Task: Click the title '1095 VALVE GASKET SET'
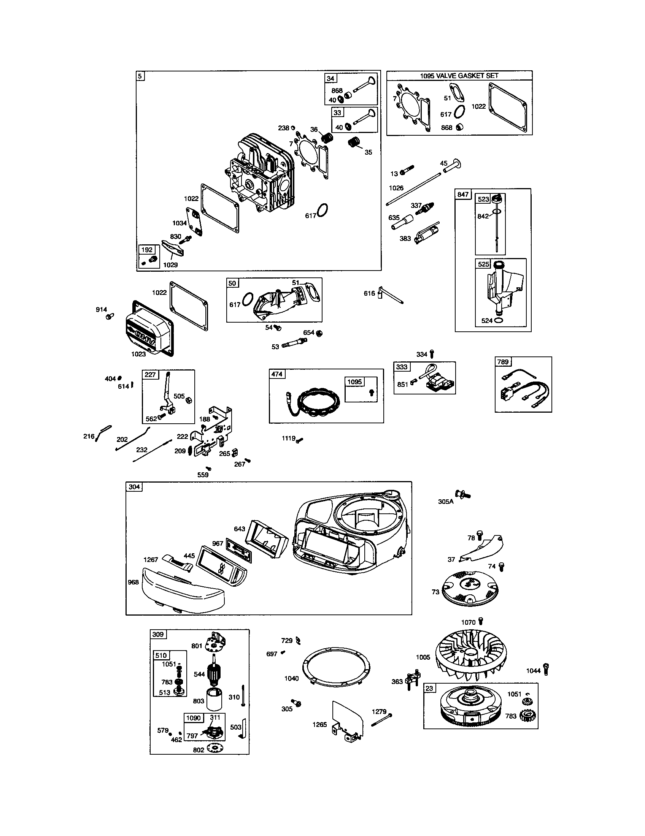[x=459, y=76]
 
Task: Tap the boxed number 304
[x=134, y=487]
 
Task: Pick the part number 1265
[x=319, y=725]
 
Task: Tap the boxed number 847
[x=463, y=195]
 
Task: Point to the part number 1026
[x=396, y=188]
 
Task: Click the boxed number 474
[x=277, y=374]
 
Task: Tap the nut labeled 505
[x=189, y=401]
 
